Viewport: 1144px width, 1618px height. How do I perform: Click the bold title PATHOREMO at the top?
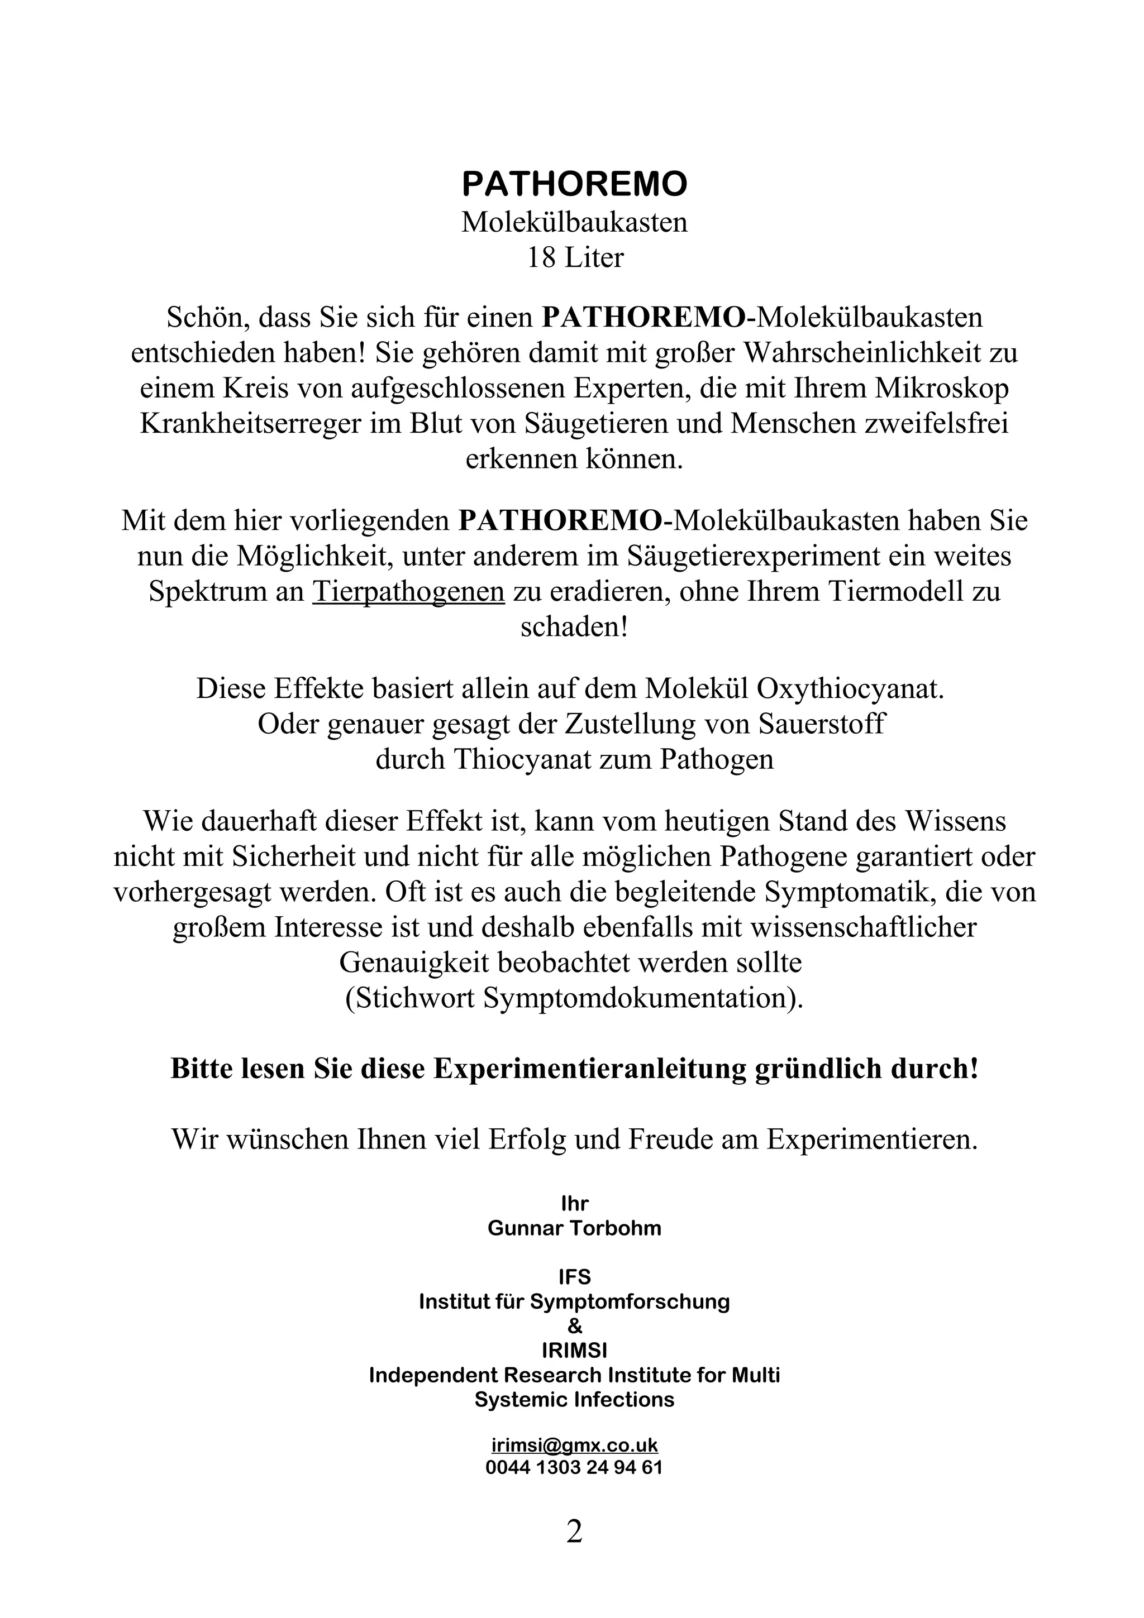(574, 185)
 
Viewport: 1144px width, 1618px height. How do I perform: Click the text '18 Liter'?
(574, 258)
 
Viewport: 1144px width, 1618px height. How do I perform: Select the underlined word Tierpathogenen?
(408, 592)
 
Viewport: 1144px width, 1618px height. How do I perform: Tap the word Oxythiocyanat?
(850, 688)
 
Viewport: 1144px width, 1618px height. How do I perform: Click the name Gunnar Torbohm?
(574, 1228)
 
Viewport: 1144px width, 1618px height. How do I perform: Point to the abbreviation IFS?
(574, 1277)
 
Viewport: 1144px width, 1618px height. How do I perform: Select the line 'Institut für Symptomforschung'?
(574, 1301)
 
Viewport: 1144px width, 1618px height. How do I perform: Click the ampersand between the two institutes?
(574, 1326)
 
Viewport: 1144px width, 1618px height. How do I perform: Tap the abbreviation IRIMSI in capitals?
(574, 1350)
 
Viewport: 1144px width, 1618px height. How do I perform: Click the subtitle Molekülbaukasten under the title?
(574, 222)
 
